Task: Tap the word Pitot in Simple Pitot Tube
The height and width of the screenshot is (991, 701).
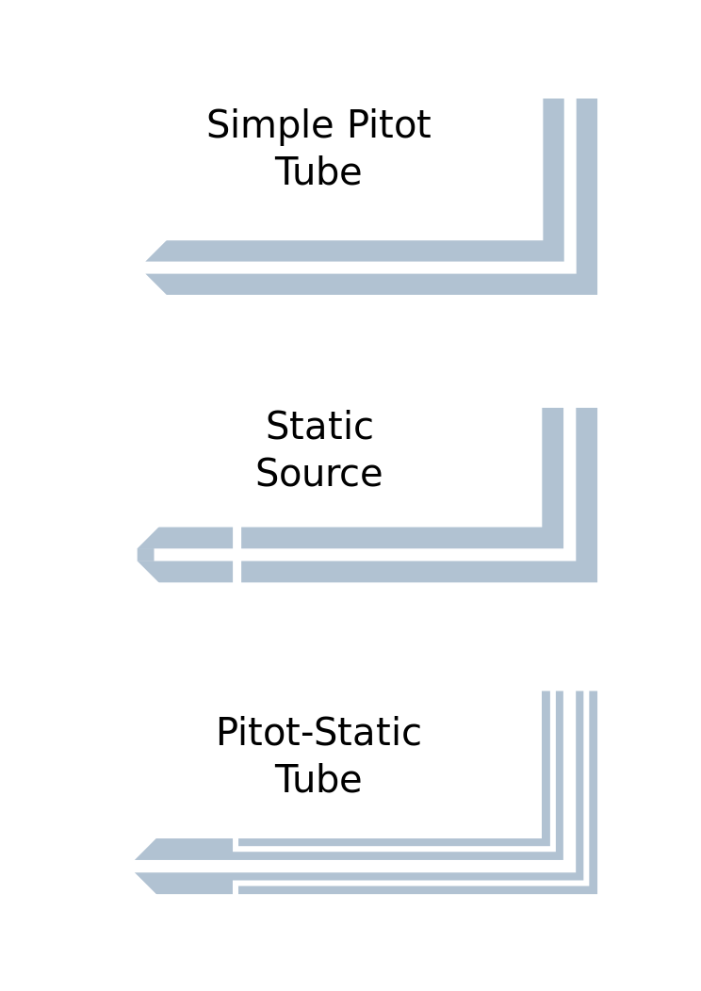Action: [388, 126]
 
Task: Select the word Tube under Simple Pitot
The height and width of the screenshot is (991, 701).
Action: [318, 173]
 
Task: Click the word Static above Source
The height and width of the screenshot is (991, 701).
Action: [319, 428]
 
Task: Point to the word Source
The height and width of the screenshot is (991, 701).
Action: [318, 475]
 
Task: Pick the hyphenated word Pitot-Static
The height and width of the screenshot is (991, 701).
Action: [318, 734]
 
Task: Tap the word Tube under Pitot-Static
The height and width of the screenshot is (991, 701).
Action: [318, 781]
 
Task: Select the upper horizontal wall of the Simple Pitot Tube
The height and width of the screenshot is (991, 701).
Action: [358, 251]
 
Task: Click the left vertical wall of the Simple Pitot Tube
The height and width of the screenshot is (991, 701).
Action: [553, 170]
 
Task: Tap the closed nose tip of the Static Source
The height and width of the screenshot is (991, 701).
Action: [145, 555]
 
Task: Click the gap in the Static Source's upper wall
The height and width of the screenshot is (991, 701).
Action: [236, 538]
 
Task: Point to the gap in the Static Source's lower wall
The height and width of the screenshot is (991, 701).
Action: [236, 572]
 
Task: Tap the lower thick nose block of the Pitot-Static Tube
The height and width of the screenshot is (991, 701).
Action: [193, 883]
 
